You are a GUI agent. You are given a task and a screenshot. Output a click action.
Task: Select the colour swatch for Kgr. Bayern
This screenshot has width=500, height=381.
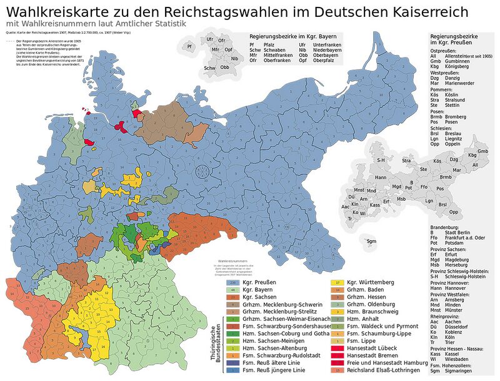[232, 291]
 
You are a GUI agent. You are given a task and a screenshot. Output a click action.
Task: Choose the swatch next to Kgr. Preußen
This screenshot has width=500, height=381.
[232, 283]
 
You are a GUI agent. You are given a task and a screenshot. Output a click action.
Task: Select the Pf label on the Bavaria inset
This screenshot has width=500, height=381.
[189, 46]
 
